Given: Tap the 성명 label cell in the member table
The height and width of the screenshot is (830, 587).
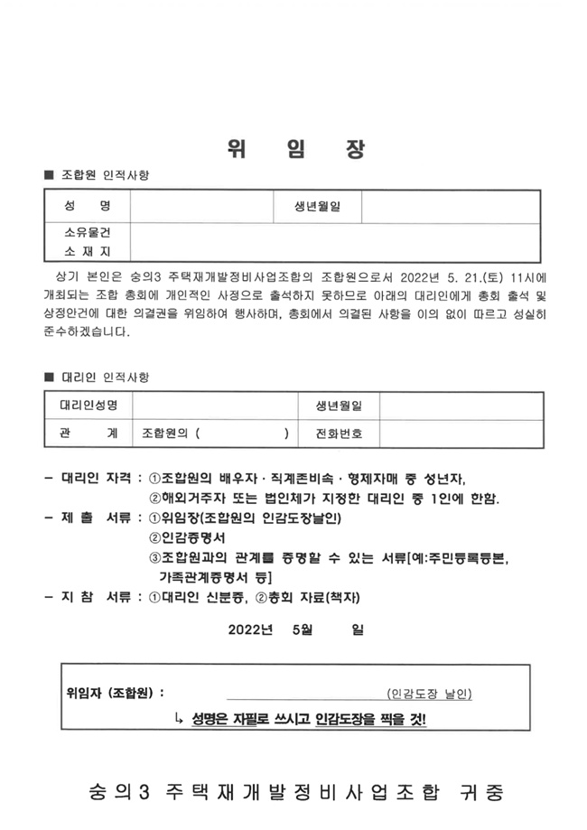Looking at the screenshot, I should [87, 207].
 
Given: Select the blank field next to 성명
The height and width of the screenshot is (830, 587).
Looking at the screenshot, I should [201, 207].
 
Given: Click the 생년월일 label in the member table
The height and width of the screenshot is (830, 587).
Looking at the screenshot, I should [317, 207].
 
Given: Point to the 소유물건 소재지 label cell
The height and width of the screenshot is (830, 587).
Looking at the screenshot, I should [87, 241].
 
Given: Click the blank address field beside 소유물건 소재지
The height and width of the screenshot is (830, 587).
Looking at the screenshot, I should [335, 241].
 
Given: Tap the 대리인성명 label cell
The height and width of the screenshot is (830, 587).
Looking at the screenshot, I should [89, 406].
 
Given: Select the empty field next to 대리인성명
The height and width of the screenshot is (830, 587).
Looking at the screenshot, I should [213, 406].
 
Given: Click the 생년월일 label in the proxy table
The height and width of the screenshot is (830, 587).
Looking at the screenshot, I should [338, 406].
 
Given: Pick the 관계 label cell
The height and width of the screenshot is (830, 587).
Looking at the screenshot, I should [89, 434].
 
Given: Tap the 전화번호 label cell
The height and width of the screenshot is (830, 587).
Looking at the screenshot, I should [338, 434].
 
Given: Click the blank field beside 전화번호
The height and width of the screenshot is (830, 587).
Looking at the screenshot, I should [460, 434].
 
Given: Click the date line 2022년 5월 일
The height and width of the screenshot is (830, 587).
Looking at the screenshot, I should [293, 630].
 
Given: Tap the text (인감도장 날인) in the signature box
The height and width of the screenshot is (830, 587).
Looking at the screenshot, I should [428, 694].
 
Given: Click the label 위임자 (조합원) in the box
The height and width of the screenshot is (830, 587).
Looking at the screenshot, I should [114, 694].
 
